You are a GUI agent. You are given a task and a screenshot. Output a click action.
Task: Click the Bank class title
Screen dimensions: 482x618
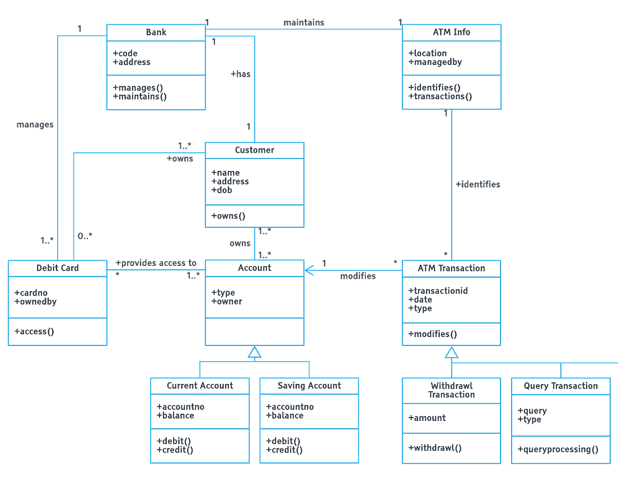click(x=156, y=32)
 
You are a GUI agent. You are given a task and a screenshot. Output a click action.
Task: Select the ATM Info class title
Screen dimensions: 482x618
click(x=451, y=32)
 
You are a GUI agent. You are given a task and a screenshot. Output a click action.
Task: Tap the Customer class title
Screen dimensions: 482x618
click(x=254, y=150)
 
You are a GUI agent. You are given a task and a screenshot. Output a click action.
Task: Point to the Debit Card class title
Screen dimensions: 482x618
click(x=58, y=268)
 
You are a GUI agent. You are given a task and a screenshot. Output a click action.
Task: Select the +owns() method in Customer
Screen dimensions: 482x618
click(x=228, y=216)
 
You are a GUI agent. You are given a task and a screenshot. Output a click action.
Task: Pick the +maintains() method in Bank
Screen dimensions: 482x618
click(x=139, y=96)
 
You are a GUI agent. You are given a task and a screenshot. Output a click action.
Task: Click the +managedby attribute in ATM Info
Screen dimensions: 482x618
click(x=435, y=62)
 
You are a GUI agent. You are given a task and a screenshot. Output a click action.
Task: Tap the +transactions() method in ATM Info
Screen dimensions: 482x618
click(x=440, y=96)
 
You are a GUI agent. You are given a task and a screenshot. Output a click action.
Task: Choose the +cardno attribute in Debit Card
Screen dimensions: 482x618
click(x=31, y=293)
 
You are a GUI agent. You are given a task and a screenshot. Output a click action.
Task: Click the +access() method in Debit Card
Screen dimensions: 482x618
click(x=34, y=331)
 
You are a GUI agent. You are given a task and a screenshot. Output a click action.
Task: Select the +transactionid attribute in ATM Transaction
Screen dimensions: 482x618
click(x=438, y=291)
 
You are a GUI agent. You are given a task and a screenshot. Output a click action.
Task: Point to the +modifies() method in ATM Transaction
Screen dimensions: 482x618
click(x=432, y=334)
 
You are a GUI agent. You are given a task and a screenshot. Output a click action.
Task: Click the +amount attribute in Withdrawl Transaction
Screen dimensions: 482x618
click(x=427, y=418)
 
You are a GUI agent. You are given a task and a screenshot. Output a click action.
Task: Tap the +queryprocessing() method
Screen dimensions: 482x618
click(x=558, y=450)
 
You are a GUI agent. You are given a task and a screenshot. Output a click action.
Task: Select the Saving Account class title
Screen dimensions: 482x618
click(x=309, y=386)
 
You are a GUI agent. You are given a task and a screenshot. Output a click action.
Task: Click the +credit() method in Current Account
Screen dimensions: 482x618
click(x=175, y=450)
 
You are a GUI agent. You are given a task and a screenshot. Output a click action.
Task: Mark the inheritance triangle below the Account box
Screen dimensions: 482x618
click(x=255, y=352)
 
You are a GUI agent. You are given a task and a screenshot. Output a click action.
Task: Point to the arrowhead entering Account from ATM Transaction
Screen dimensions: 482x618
click(x=310, y=271)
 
